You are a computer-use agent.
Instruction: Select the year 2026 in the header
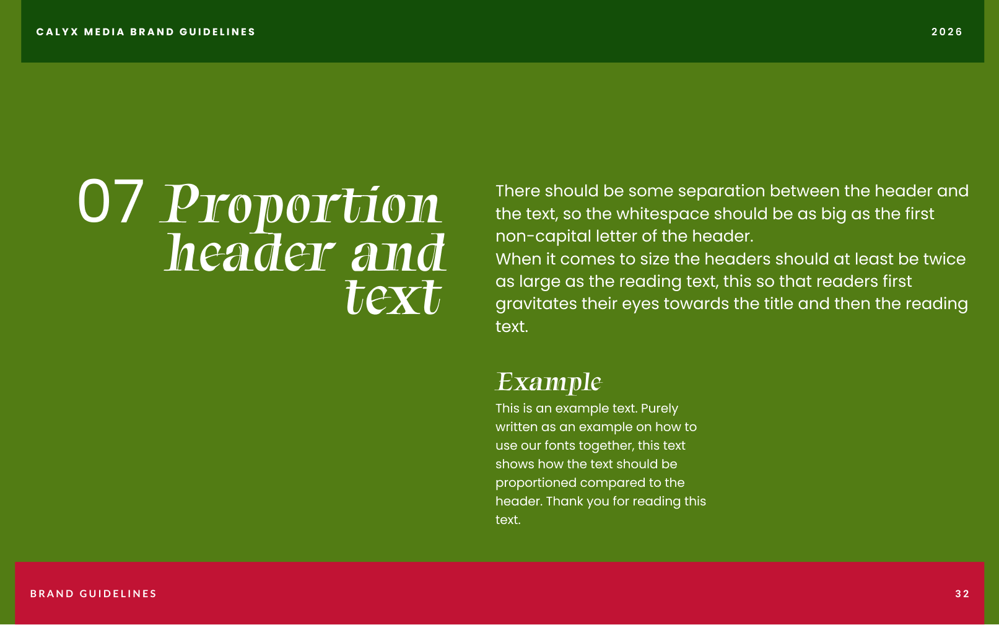(947, 32)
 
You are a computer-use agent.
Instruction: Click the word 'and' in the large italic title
(399, 253)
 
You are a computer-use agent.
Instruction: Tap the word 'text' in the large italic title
(393, 297)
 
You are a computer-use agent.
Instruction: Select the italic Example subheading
(549, 383)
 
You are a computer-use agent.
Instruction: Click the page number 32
(962, 594)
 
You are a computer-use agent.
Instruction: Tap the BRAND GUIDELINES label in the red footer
(93, 594)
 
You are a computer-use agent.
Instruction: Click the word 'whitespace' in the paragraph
(663, 214)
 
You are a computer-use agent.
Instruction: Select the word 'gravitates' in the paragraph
(536, 304)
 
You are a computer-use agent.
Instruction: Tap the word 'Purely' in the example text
(659, 409)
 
